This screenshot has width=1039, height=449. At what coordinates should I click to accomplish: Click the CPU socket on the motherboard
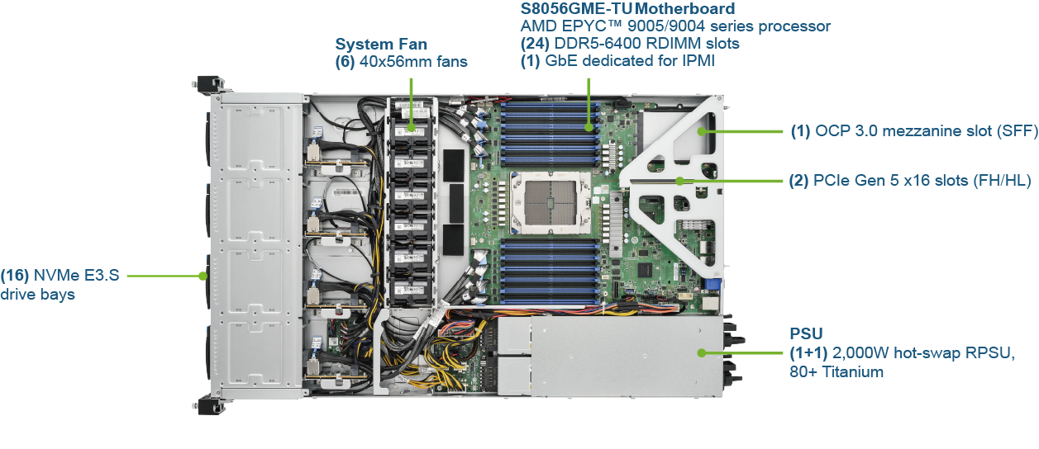coord(550,201)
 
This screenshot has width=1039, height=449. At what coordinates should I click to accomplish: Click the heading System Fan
coord(381,45)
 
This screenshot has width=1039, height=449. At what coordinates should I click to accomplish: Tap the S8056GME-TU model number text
coord(577,9)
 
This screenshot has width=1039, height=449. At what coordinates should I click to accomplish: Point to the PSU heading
coord(806,333)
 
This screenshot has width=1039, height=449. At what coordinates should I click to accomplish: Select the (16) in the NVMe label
coord(15,275)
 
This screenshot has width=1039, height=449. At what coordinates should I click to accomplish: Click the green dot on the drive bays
coord(203,276)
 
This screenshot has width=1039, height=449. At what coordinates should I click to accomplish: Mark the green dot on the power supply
coord(702,353)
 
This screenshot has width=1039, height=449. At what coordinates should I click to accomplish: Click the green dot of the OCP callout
coord(702,131)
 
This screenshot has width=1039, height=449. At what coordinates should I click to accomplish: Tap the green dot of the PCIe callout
coord(679,182)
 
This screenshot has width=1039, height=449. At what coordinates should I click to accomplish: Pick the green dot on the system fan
coord(411,127)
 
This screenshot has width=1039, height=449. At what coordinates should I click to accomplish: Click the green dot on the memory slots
coord(589,127)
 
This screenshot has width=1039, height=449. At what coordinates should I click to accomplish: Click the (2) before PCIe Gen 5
coord(799,180)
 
